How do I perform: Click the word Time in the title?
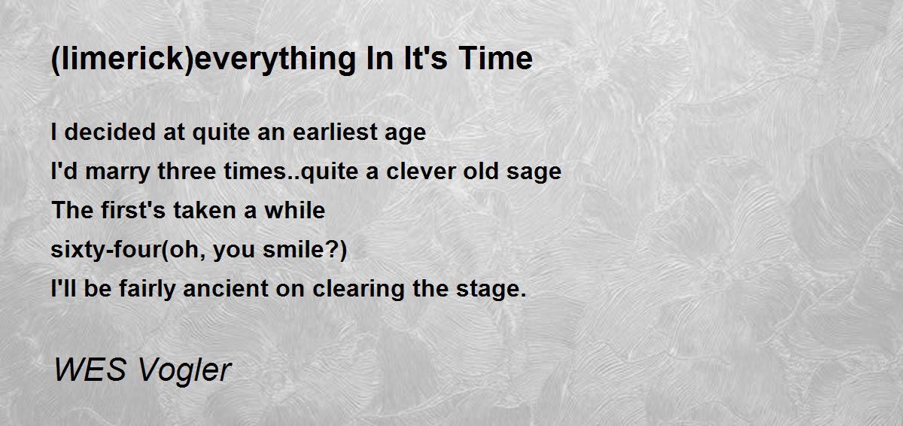coord(495,58)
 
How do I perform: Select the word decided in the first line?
coord(110,132)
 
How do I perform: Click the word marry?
coord(117,172)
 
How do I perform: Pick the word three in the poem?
coord(187,171)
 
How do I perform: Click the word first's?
coord(133,210)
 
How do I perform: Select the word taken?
coord(205,210)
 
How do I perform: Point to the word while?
coord(295,210)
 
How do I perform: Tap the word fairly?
coord(147,289)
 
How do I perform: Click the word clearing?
coord(358,289)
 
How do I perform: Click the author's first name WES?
coord(90,370)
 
